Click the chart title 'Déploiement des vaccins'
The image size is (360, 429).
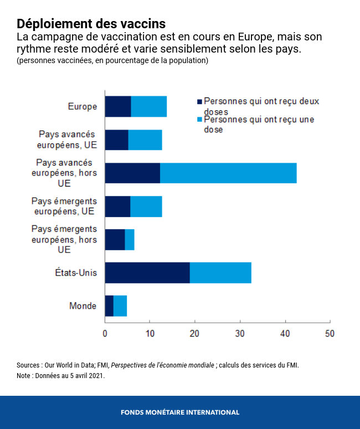click(91, 24)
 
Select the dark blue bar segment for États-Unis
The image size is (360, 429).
click(147, 272)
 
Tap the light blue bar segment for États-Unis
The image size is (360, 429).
click(220, 272)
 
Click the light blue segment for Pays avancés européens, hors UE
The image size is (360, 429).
click(228, 173)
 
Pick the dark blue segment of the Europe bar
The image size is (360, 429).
click(118, 106)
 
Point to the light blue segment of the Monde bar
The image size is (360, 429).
click(120, 306)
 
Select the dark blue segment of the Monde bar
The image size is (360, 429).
click(109, 306)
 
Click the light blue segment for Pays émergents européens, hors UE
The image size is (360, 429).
click(130, 239)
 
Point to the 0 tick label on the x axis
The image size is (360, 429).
click(105, 334)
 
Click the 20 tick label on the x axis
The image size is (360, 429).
click(195, 334)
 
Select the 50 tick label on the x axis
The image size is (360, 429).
click(330, 334)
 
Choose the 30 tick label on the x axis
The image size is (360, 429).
click(240, 334)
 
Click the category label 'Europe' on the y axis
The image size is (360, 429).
click(82, 106)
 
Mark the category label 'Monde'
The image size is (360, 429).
click(83, 306)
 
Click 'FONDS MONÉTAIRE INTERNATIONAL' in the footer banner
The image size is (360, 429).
click(180, 412)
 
